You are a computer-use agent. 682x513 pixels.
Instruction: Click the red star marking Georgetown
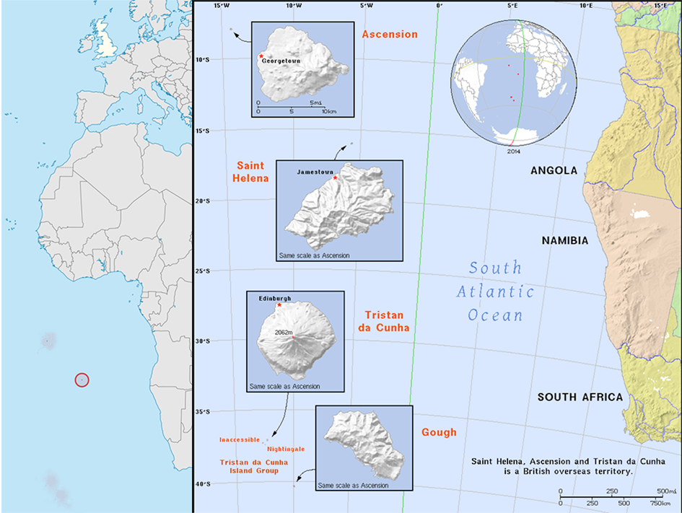click(261, 56)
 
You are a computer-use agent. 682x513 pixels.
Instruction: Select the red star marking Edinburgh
click(279, 305)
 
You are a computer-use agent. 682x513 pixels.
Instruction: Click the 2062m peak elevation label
click(283, 332)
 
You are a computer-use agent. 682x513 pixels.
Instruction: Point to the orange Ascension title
click(390, 35)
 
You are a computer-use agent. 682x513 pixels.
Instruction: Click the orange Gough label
click(439, 432)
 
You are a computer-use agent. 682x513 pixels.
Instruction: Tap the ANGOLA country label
click(554, 171)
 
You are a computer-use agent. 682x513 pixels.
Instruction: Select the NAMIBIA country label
click(565, 240)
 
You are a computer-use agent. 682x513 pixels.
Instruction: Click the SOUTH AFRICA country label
click(580, 397)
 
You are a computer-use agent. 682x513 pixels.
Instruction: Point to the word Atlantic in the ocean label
click(495, 292)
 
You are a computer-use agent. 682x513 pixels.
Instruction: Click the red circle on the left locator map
click(82, 380)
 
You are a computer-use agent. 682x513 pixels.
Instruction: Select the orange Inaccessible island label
click(239, 439)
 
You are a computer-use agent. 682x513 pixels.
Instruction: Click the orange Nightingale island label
click(285, 449)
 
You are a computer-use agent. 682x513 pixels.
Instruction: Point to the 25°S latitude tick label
click(204, 271)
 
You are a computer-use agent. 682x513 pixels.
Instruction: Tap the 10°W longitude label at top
click(292, 6)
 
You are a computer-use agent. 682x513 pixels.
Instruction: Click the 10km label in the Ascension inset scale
click(328, 112)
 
